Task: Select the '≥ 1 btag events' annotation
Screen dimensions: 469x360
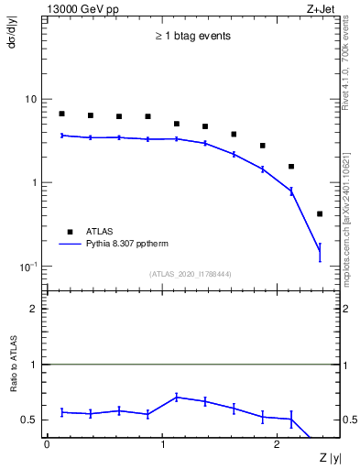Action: [191, 37]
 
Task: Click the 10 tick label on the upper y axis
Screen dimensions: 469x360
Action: [31, 99]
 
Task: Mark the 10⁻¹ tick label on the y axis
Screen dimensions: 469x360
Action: [29, 267]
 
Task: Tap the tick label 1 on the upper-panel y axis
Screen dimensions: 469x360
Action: [35, 183]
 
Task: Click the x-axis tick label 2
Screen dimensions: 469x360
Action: [278, 444]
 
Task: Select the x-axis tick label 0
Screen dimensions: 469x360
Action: [47, 444]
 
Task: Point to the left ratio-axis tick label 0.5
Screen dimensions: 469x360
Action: [30, 420]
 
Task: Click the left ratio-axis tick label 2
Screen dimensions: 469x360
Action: [35, 310]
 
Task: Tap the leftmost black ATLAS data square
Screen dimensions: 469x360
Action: [61, 114]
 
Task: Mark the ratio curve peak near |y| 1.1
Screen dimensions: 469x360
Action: [177, 397]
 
